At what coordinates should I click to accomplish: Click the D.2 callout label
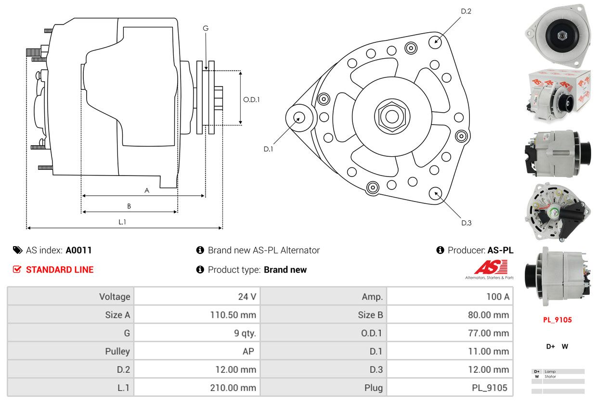point(466,11)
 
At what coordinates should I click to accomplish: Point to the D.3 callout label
point(466,223)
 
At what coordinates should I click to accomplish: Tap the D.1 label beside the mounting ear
point(268,149)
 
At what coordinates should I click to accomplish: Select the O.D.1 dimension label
point(251,100)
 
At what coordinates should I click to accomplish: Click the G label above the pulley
point(206,28)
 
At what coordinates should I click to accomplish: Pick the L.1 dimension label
point(122,222)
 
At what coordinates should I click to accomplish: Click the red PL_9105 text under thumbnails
point(557,320)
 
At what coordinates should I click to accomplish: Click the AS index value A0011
point(78,250)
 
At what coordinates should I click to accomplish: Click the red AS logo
point(491,267)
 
